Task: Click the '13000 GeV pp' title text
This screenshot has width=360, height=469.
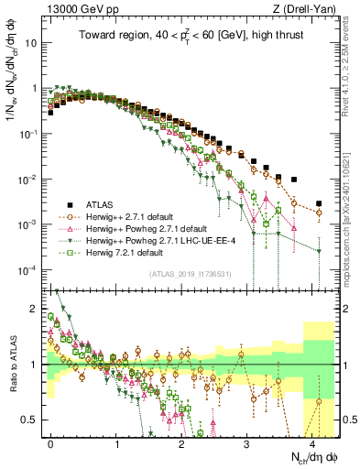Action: click(x=77, y=9)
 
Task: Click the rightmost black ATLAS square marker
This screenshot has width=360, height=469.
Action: click(x=318, y=203)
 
